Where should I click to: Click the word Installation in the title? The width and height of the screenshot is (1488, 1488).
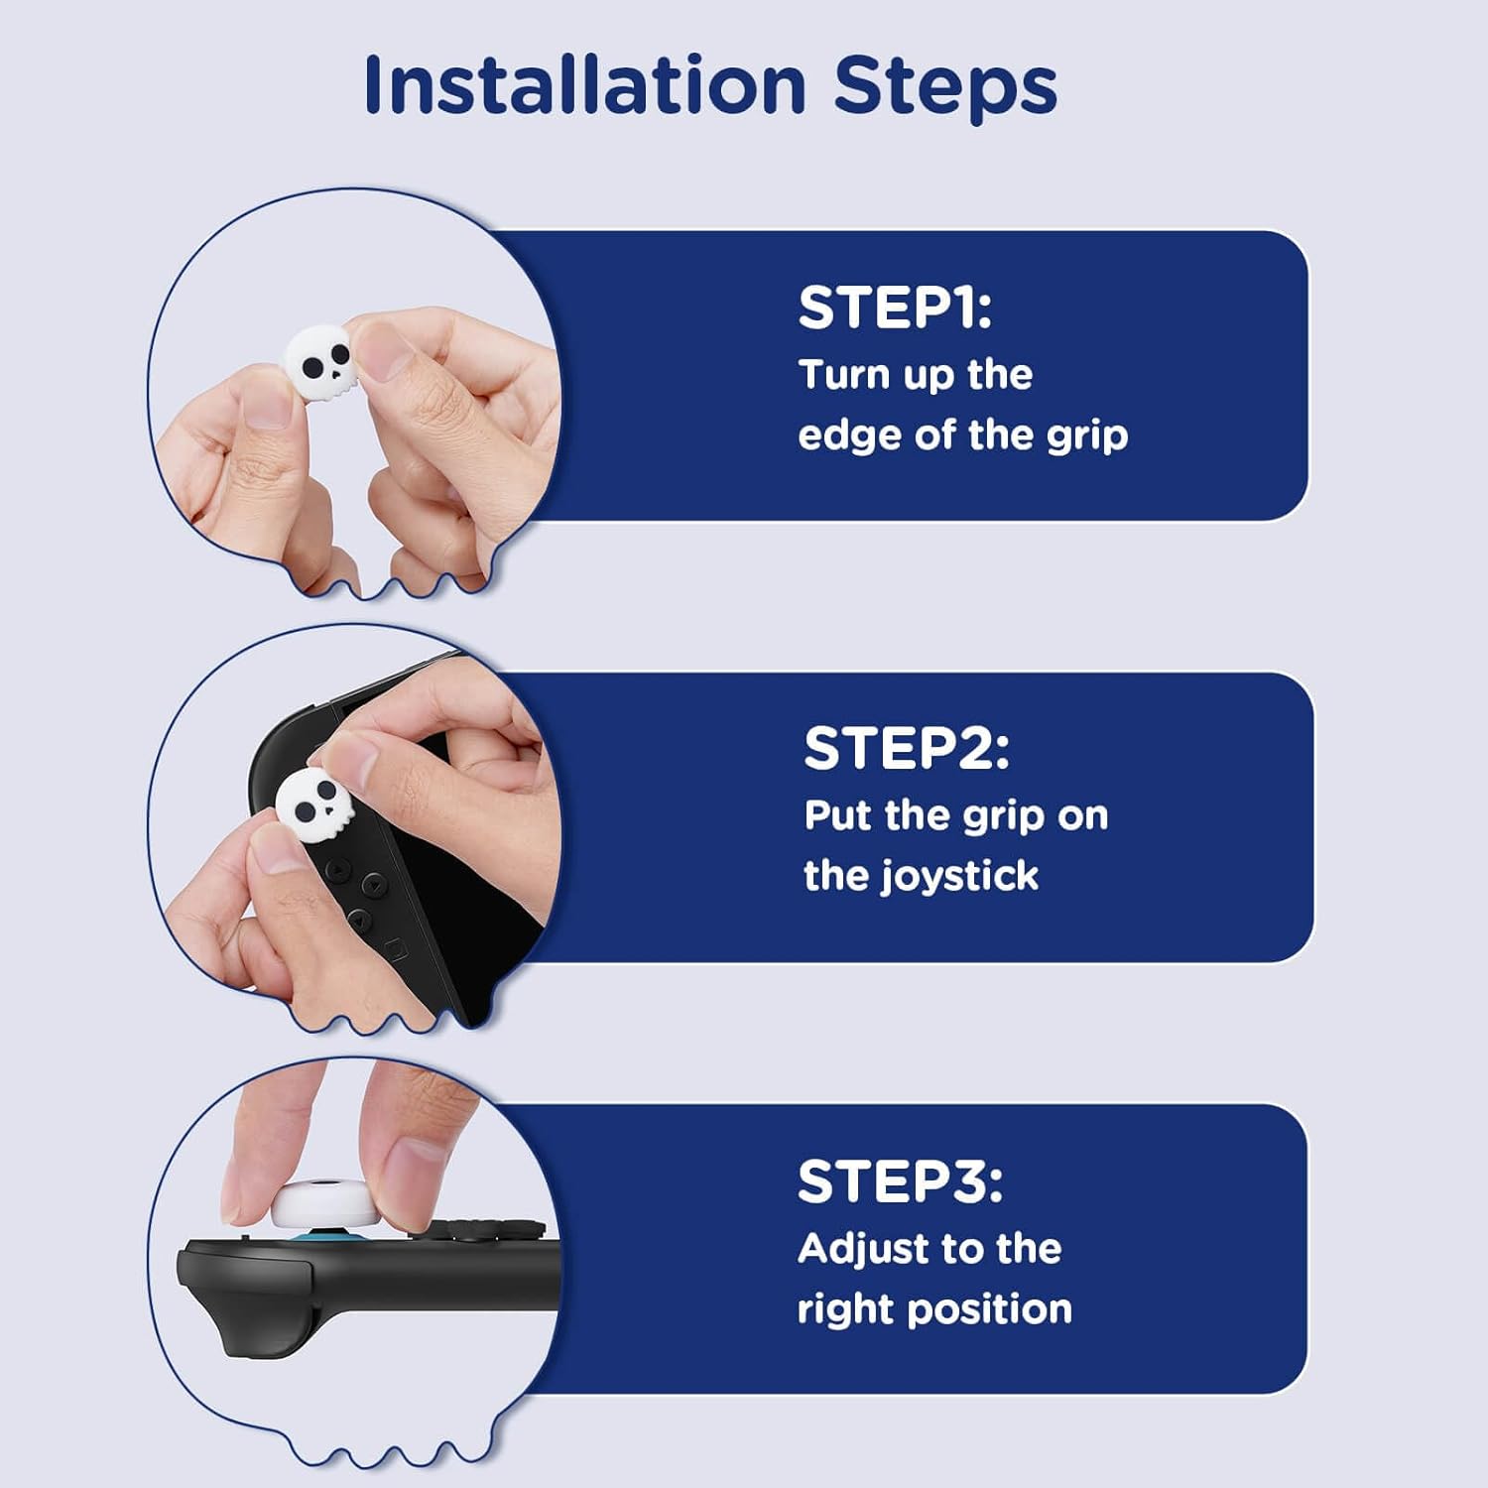tap(585, 84)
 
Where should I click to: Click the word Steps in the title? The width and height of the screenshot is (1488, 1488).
tap(945, 86)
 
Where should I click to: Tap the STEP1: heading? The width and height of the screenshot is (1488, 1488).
tap(895, 308)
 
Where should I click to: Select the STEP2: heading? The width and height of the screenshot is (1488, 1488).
tap(907, 748)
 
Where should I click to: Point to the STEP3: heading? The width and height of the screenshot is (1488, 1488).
tap(900, 1181)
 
